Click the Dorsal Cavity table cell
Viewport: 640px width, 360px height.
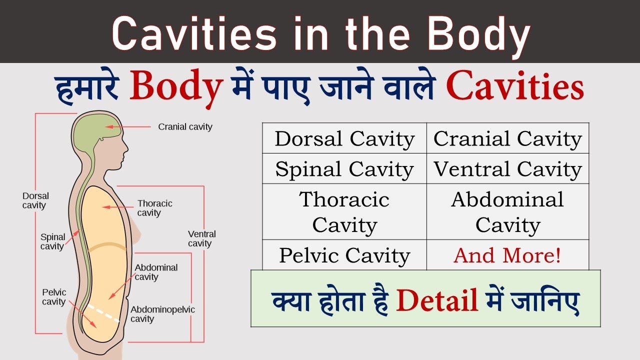click(x=344, y=138)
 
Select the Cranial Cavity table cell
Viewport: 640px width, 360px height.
click(x=507, y=138)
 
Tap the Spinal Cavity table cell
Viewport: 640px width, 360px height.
click(x=344, y=169)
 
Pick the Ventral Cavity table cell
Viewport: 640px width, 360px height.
click(x=507, y=169)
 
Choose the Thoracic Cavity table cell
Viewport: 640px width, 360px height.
click(x=344, y=212)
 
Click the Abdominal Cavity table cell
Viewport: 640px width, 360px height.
click(x=507, y=212)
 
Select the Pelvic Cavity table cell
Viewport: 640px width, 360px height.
click(x=344, y=255)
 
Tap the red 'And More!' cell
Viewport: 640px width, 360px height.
click(x=507, y=255)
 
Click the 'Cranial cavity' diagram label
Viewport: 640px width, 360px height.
click(x=185, y=127)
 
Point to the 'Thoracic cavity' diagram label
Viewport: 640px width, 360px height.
click(x=154, y=208)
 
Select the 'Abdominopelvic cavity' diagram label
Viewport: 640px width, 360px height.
click(x=162, y=314)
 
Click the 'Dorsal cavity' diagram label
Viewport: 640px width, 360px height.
click(x=35, y=200)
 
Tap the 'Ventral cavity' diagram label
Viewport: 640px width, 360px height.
click(x=201, y=238)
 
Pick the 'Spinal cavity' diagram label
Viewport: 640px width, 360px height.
click(x=52, y=241)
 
